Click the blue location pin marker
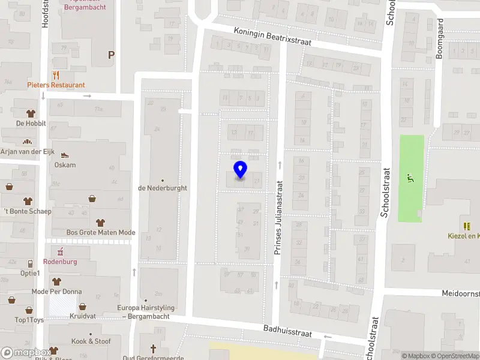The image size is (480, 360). pos(240,170)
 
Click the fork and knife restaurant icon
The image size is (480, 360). pos(56,75)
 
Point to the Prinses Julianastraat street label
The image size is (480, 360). pos(278,219)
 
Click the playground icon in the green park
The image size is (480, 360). pos(411,178)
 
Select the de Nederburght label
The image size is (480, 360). pos(163,188)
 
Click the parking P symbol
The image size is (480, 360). pos(111,55)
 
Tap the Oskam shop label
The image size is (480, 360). pos(65,165)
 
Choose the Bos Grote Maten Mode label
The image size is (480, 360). pos(101,233)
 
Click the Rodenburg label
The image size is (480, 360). pos(60,262)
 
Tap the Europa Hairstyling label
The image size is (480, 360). pos(146,311)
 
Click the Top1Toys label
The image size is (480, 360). pos(29,320)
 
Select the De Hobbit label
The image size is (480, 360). pos(28,124)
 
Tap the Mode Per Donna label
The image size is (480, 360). pos(57,292)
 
